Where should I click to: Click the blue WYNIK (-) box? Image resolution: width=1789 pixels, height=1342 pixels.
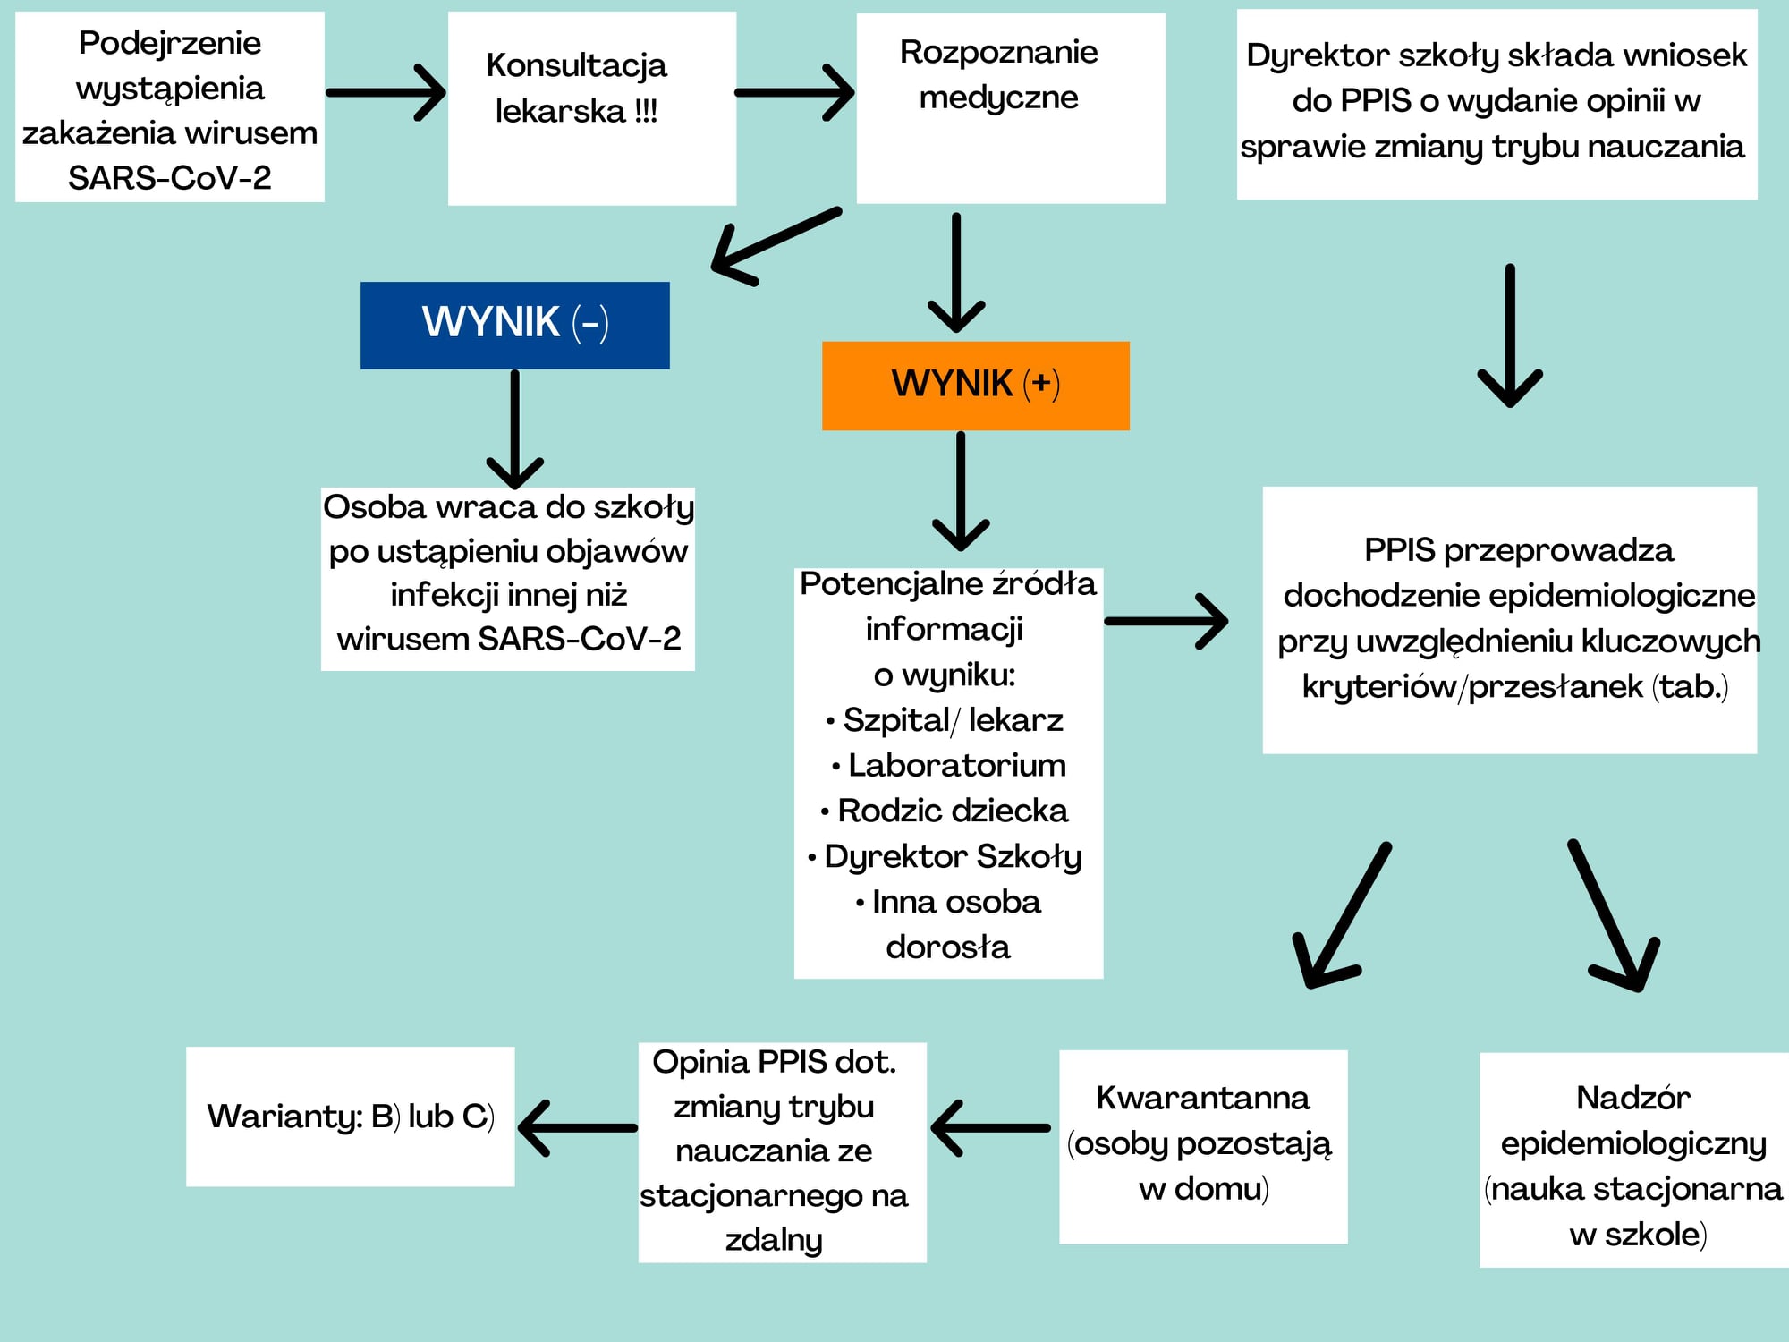[x=514, y=325]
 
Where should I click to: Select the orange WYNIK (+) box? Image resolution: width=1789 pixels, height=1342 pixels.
[x=975, y=386]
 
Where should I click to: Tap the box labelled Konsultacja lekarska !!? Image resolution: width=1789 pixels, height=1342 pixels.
[x=592, y=108]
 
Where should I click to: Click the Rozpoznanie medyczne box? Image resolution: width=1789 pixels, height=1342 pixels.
[x=1011, y=108]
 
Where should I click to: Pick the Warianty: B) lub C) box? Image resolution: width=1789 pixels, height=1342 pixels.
[x=351, y=1117]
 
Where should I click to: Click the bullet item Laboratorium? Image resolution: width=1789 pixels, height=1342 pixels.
[x=949, y=765]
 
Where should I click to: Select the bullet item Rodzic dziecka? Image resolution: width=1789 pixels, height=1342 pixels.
[x=945, y=811]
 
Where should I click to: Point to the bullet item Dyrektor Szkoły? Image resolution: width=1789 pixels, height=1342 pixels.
[x=945, y=857]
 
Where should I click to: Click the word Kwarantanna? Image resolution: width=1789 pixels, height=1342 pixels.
[x=1203, y=1098]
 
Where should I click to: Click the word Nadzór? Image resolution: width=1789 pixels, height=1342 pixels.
[x=1633, y=1097]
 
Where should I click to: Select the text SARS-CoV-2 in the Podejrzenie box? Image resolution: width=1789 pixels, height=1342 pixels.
[x=170, y=178]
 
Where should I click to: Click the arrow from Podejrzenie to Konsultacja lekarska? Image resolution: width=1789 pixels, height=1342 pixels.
[x=386, y=92]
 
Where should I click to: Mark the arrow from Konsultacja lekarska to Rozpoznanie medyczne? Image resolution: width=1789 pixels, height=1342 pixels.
[x=794, y=92]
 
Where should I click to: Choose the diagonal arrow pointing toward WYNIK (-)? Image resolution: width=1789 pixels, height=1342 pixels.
[x=776, y=246]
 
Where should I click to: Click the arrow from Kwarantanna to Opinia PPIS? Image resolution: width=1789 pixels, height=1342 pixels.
[x=990, y=1128]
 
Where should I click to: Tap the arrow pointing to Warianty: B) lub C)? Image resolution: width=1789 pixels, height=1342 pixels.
[x=578, y=1128]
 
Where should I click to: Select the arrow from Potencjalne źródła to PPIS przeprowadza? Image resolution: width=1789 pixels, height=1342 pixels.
[x=1166, y=621]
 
